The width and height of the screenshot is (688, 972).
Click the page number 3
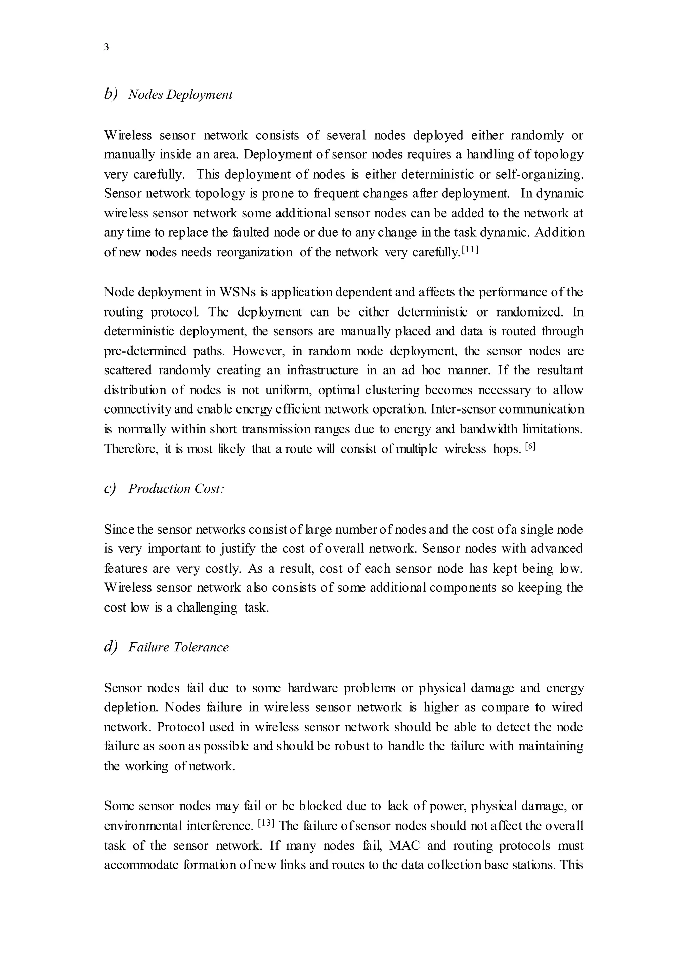coord(106,47)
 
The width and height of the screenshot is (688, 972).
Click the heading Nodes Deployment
coord(180,94)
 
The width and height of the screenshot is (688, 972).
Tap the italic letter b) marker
coord(111,94)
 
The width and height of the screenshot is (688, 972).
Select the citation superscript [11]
coord(470,250)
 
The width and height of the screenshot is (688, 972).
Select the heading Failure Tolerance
coord(178,647)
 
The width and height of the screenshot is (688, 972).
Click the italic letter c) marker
coord(110,489)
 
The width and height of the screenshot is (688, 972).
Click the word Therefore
coord(131,449)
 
